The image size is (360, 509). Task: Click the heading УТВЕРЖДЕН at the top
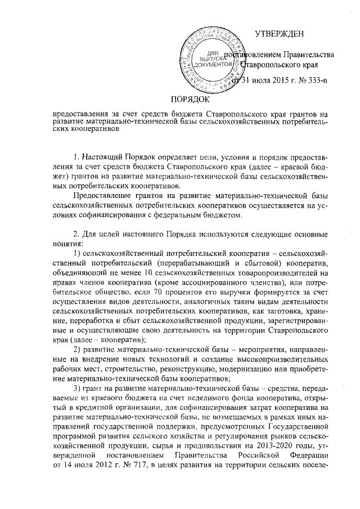click(x=280, y=34)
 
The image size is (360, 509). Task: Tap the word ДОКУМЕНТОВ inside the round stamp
click(x=214, y=65)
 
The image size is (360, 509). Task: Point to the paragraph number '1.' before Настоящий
click(x=77, y=155)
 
